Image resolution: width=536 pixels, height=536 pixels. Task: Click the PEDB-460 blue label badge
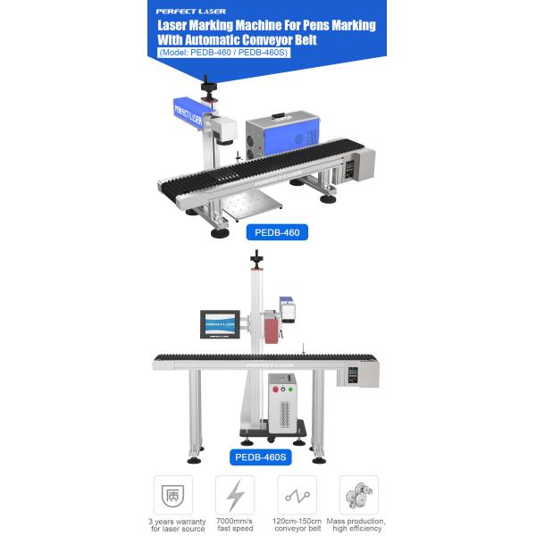[276, 233]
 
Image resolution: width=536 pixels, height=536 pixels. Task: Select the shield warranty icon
[173, 493]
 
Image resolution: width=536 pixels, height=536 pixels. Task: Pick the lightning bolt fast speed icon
[236, 493]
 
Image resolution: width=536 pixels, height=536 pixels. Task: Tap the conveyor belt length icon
[297, 493]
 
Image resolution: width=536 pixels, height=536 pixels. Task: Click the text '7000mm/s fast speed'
[236, 524]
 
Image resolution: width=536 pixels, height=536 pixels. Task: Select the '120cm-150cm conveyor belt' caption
[297, 524]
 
